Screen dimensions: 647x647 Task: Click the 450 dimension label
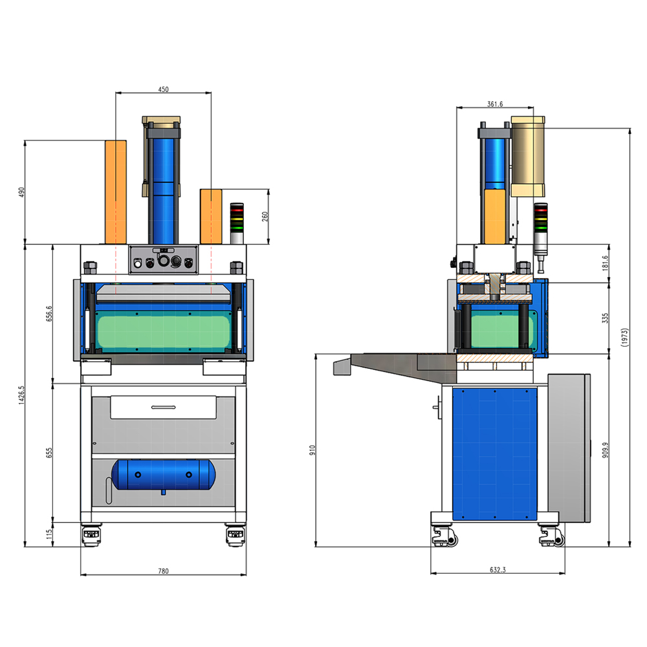click(x=164, y=89)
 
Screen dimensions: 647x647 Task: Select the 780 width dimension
click(x=164, y=571)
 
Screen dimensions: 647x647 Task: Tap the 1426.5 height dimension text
click(x=22, y=395)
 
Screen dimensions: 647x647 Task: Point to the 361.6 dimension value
click(x=495, y=104)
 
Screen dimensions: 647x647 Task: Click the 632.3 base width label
click(x=498, y=570)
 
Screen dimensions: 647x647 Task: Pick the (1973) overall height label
click(x=625, y=338)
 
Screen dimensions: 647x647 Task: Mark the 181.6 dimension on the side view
click(x=606, y=263)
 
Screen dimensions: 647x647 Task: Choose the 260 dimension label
click(x=265, y=217)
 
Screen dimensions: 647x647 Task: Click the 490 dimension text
click(x=22, y=192)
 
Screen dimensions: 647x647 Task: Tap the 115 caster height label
click(x=50, y=534)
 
